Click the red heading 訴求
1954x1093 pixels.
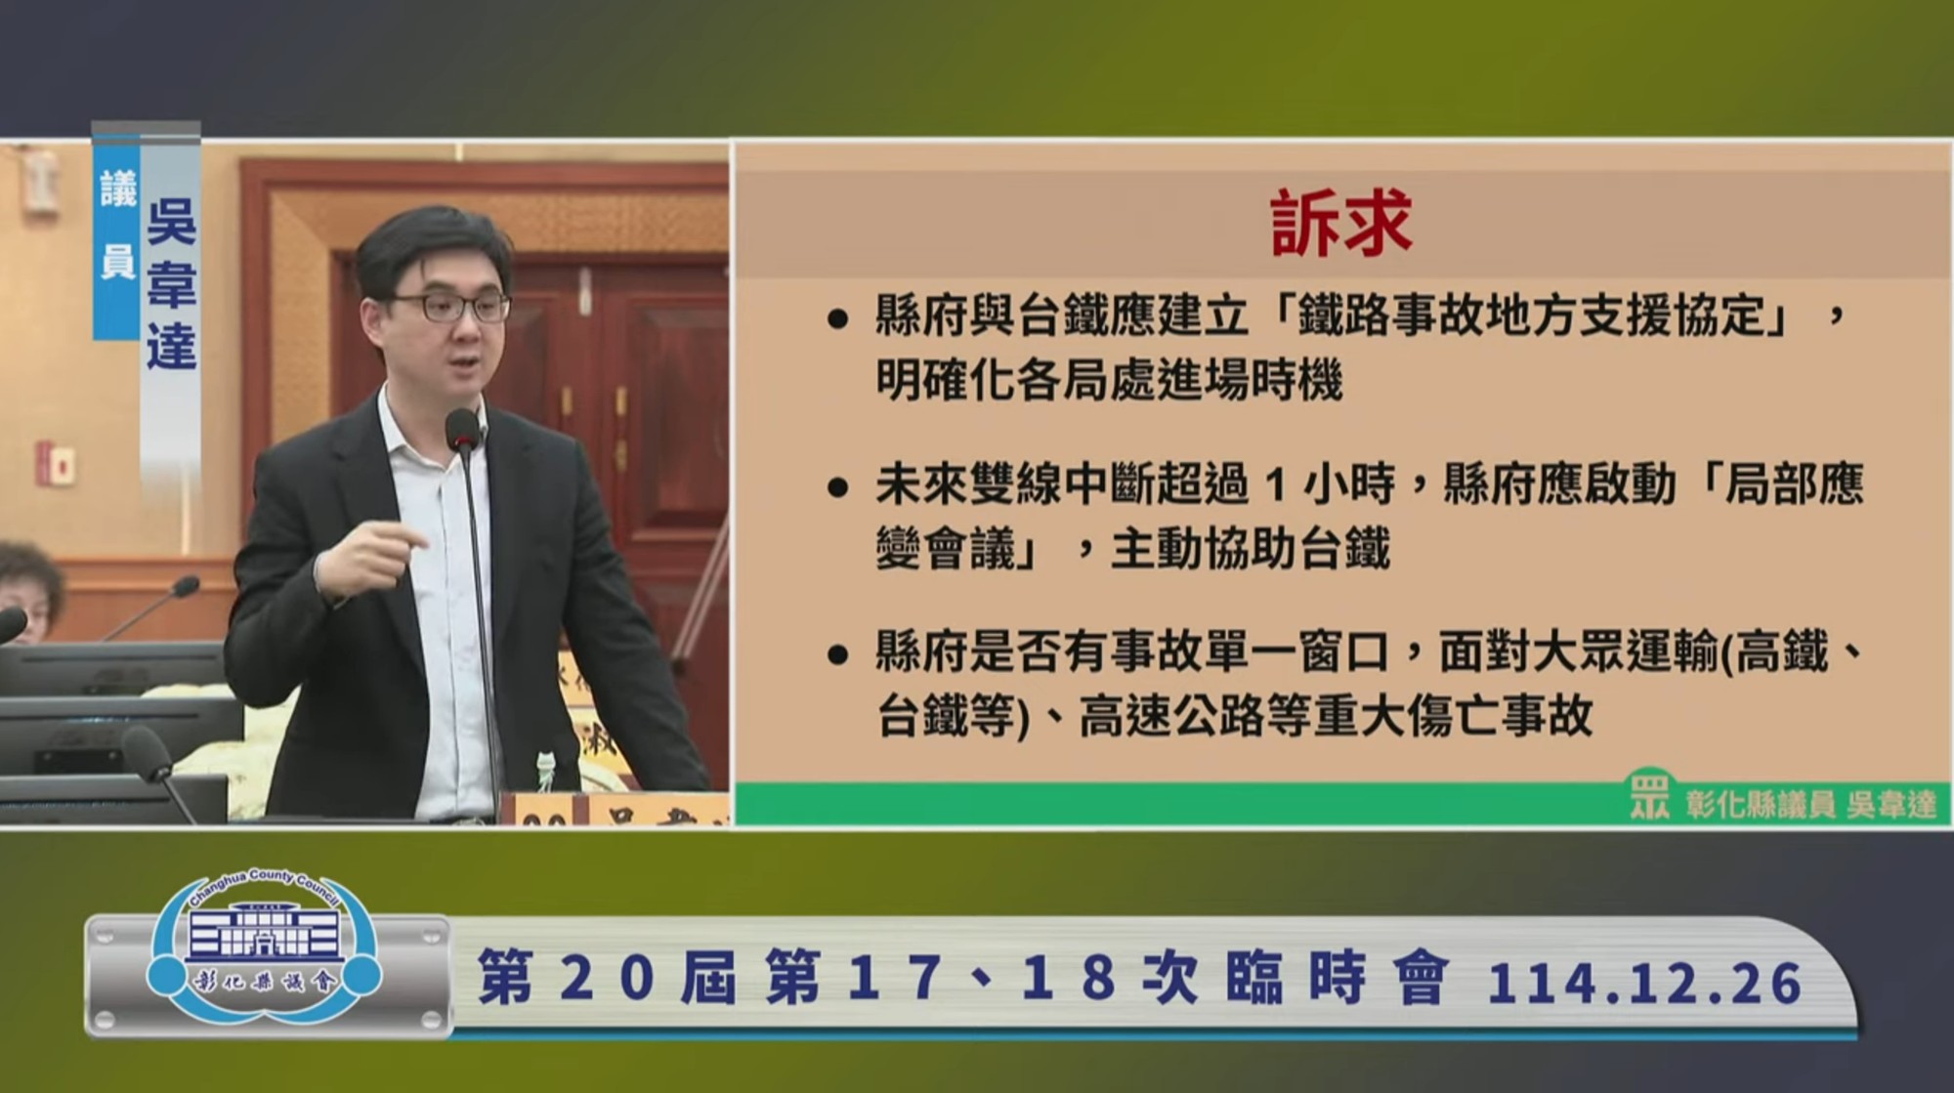click(x=1340, y=224)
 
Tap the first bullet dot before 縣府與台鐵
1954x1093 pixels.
click(x=837, y=319)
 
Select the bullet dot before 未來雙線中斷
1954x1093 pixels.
click(x=837, y=487)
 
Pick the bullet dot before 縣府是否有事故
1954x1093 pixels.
click(x=837, y=654)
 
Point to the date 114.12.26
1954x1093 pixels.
click(x=1644, y=983)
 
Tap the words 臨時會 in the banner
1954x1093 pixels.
click(x=1336, y=980)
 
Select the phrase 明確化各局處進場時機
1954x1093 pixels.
click(x=1109, y=380)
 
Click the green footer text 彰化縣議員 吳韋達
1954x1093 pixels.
click(x=1810, y=805)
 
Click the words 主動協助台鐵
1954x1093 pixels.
click(x=1250, y=549)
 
